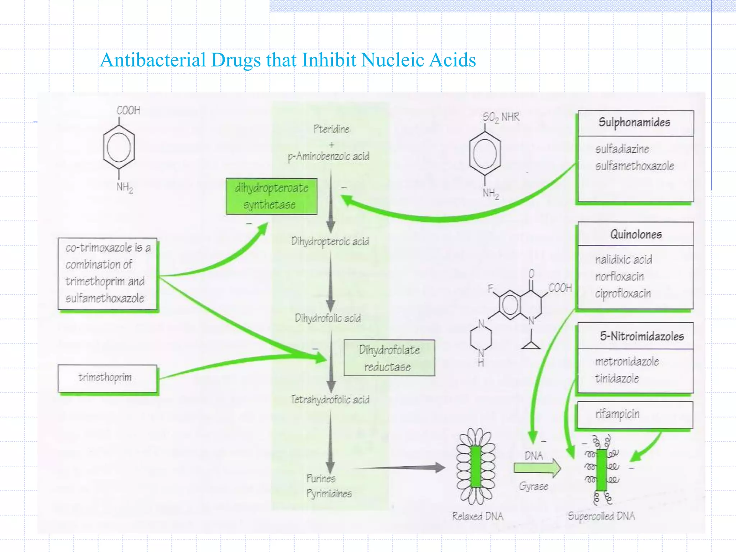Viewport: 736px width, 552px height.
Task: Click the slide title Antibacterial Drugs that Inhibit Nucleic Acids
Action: (x=287, y=60)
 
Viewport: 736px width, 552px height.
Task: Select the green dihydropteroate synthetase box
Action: (x=272, y=196)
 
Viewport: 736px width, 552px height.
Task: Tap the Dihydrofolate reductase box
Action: (x=389, y=358)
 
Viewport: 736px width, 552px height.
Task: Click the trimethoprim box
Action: (x=107, y=378)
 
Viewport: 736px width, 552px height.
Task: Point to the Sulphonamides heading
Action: (x=634, y=123)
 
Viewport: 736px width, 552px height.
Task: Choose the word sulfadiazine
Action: (x=622, y=149)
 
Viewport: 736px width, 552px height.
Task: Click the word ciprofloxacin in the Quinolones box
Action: (x=623, y=294)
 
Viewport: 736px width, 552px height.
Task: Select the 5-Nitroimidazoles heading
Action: (x=641, y=336)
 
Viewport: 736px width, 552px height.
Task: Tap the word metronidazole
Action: (x=627, y=362)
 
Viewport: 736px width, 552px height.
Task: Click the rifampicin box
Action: (x=634, y=414)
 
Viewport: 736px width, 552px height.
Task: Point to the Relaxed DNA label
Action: (x=477, y=516)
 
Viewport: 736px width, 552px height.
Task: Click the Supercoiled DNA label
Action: (x=601, y=516)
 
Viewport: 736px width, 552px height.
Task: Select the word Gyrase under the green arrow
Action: (x=533, y=487)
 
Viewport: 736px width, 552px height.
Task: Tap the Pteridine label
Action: (x=331, y=129)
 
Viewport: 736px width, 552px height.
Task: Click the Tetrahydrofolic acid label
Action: (x=330, y=400)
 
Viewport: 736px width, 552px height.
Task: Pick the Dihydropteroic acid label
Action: (x=330, y=241)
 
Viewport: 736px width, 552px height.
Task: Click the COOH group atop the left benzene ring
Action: (x=128, y=110)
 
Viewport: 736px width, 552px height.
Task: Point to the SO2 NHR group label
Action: (x=501, y=117)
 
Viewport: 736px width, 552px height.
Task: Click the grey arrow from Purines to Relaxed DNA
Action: (x=399, y=468)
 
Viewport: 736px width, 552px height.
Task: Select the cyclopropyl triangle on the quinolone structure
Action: (x=531, y=345)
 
